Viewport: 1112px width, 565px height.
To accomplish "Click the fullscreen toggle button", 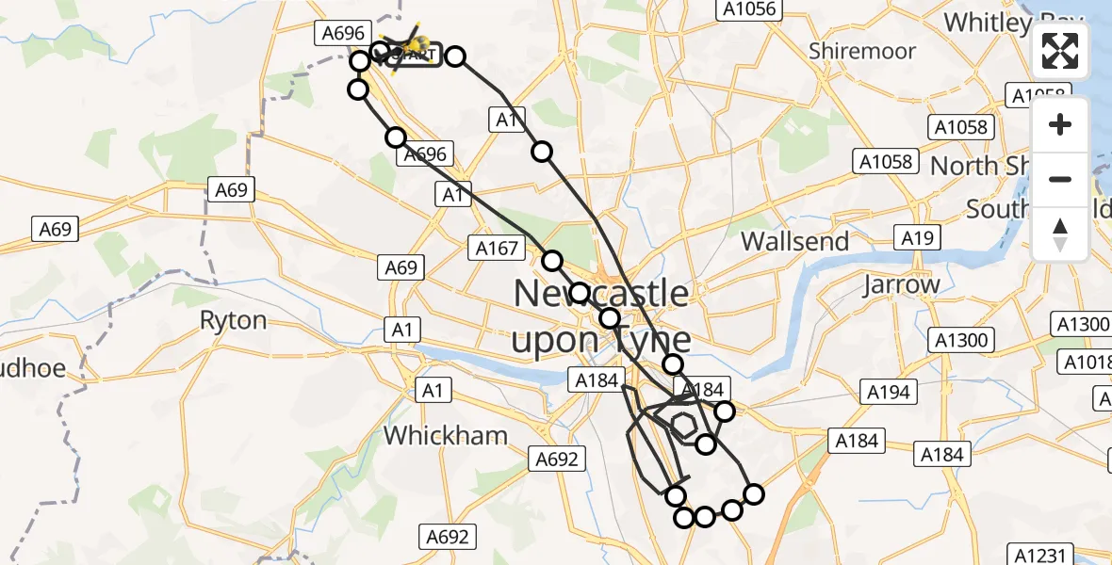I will tap(1060, 52).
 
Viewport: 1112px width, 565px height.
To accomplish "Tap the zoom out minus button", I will tap(1060, 179).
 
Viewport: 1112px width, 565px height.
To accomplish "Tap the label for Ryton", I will tap(234, 320).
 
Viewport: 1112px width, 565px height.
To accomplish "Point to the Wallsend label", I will tap(794, 241).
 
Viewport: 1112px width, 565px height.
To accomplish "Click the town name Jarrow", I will tap(901, 284).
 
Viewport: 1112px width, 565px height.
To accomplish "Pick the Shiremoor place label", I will tap(861, 51).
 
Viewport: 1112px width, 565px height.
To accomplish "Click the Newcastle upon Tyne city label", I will tap(601, 316).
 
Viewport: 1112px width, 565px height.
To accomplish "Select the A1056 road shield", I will tap(746, 9).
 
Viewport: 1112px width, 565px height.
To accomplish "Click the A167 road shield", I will tap(497, 249).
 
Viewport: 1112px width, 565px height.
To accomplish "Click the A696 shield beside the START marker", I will tap(343, 34).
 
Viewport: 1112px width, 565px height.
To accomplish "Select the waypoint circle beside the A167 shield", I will tap(551, 261).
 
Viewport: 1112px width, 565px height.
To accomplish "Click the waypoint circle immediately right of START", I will tap(455, 56).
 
